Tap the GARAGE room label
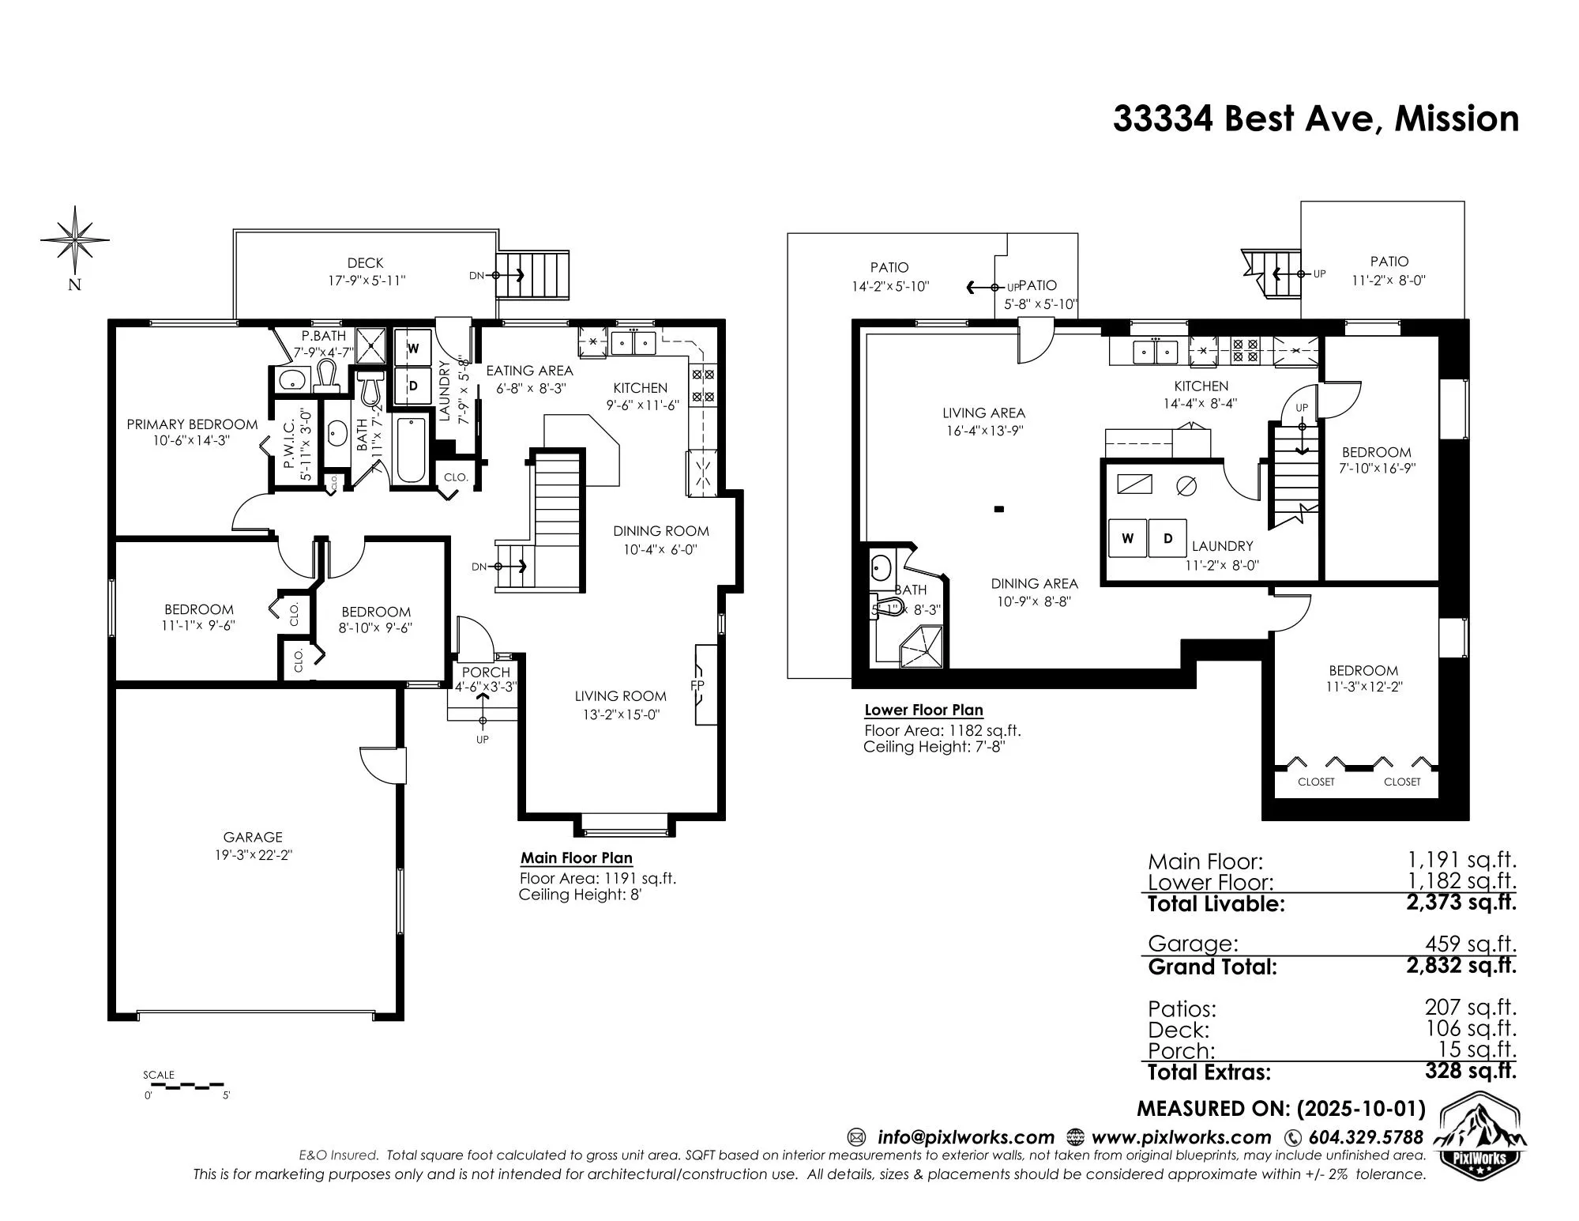coord(253,837)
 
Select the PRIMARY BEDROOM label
coord(192,424)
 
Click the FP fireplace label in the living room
coord(697,685)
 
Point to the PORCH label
coord(486,673)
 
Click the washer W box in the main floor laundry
coord(413,349)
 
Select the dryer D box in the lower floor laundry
coord(1167,538)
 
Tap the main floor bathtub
coord(411,449)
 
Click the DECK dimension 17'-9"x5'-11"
coord(367,281)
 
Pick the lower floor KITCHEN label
coord(1201,386)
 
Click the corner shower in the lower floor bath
coord(922,647)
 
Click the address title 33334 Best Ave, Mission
coord(1315,119)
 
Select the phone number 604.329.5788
coord(1365,1137)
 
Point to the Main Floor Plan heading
coord(577,858)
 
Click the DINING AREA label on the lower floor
coord(1034,583)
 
